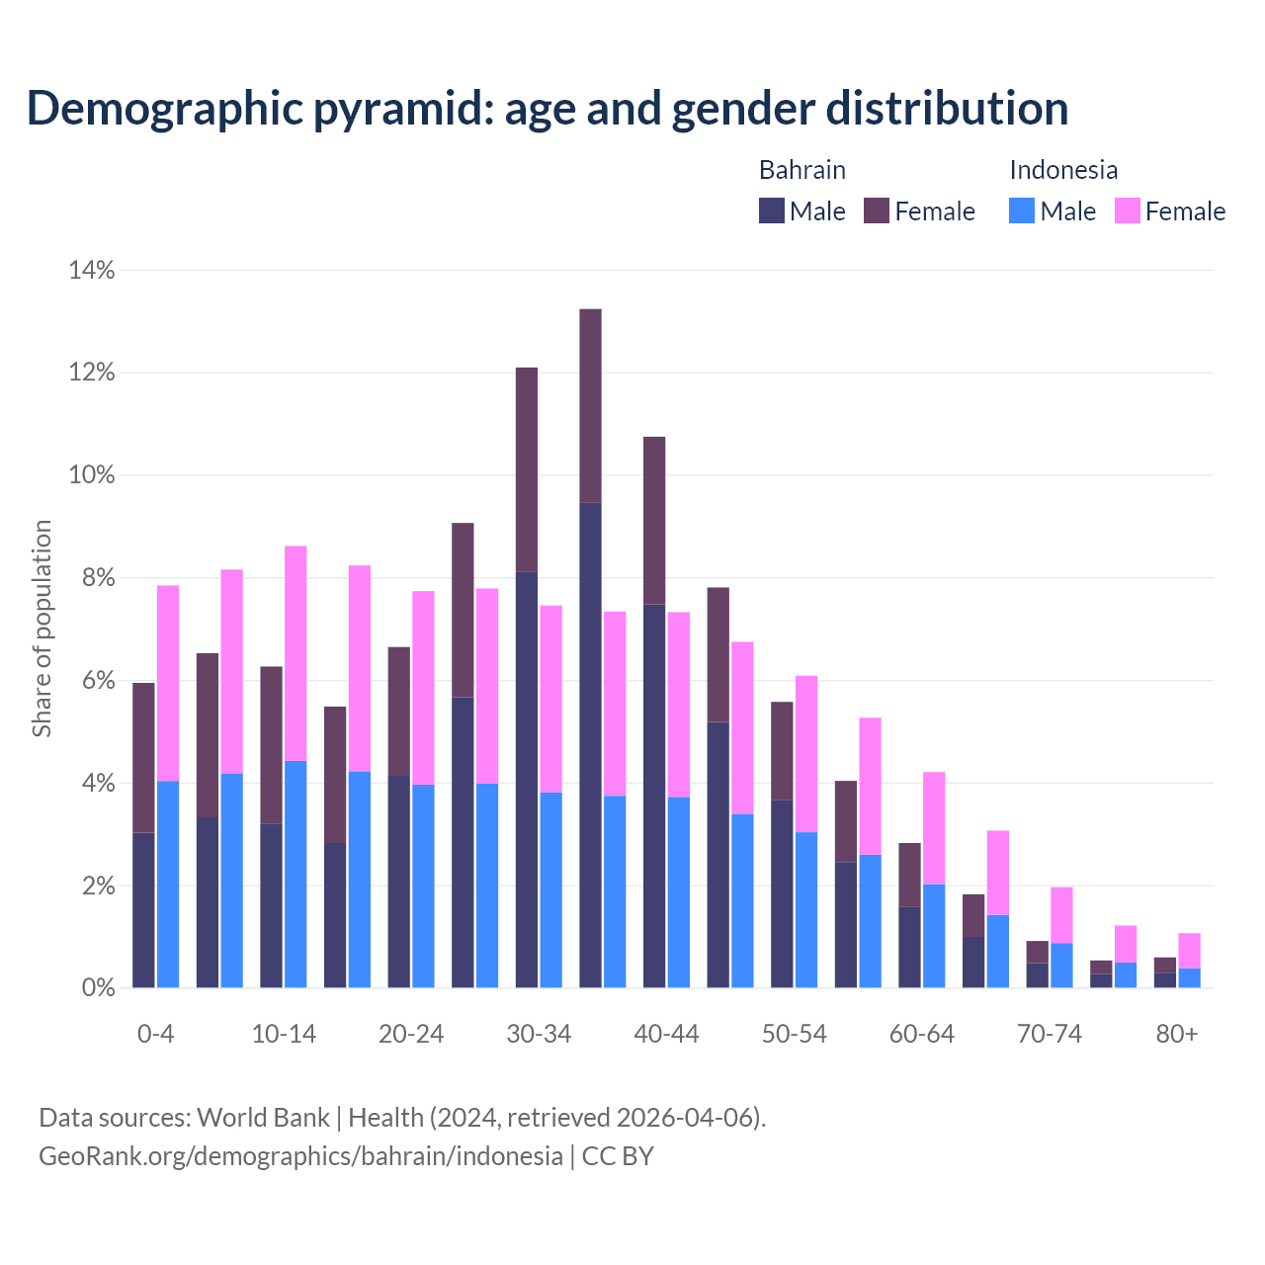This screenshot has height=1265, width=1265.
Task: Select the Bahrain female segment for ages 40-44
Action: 654,520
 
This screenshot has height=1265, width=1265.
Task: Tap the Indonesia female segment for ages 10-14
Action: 295,652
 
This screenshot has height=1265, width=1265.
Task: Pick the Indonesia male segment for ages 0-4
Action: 168,884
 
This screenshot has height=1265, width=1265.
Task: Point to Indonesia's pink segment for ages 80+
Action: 1189,950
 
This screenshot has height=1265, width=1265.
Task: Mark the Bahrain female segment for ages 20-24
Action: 399,712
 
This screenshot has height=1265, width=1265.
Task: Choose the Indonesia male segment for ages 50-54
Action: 806,909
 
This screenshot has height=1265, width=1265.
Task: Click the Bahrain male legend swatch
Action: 772,211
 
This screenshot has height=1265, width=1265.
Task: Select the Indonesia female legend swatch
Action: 1128,211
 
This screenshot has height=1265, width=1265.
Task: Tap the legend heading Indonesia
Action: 1063,170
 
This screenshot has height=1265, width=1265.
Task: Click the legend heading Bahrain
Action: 802,170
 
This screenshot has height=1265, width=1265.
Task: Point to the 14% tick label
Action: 91,270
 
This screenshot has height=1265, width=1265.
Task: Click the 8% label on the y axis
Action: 98,578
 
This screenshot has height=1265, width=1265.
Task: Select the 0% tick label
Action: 98,987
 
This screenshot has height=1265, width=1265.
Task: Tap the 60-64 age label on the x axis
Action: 922,1035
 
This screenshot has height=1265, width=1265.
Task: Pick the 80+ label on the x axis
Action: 1177,1035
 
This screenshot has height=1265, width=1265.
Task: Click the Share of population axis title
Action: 42,629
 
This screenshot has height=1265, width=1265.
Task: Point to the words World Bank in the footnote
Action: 263,1118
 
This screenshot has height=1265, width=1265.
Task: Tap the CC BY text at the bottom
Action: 618,1156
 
